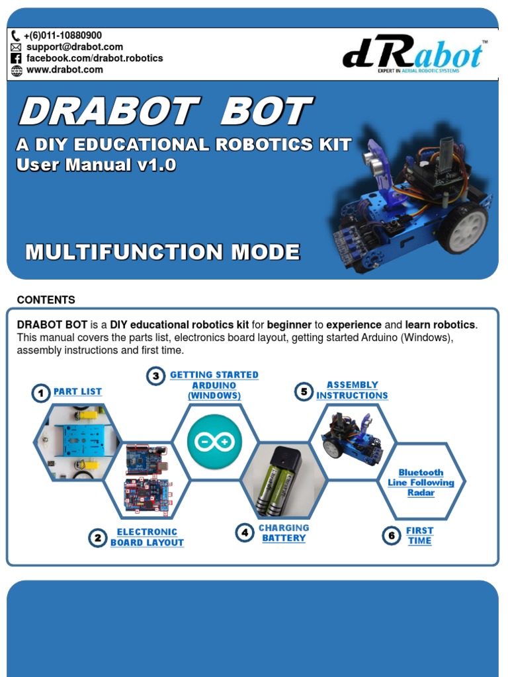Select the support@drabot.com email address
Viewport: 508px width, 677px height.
point(74,47)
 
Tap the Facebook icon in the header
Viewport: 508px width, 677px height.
point(17,58)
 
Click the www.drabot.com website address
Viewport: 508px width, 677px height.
point(64,69)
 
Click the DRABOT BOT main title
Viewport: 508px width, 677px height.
point(165,111)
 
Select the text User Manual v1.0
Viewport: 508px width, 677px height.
point(97,165)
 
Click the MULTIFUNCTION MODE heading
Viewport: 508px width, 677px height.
point(162,252)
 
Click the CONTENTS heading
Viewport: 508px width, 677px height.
point(46,299)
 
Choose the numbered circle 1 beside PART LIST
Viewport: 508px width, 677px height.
point(41,393)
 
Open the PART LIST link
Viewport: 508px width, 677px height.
point(77,391)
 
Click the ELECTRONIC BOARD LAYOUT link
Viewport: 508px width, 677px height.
point(147,537)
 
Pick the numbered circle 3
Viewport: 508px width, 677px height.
point(155,376)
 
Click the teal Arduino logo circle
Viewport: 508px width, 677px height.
point(214,442)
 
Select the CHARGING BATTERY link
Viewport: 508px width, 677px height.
point(284,533)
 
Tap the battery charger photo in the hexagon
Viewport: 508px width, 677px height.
point(283,481)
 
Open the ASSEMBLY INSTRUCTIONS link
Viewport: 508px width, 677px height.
point(352,390)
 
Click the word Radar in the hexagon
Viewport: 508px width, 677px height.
point(421,493)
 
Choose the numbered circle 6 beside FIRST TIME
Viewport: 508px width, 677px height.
point(392,536)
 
